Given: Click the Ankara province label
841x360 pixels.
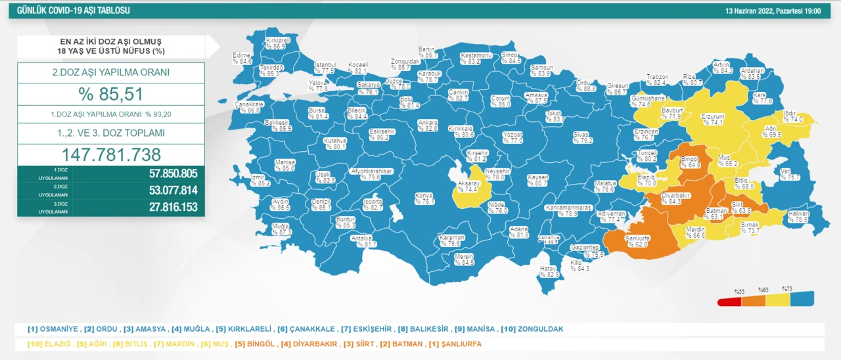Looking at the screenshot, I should click(427, 125).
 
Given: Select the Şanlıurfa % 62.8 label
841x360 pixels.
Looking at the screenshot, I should click(637, 241).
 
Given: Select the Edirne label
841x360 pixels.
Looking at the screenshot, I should click(242, 58).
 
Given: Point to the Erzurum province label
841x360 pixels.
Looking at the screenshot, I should click(712, 119).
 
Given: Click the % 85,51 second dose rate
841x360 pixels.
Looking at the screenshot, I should click(110, 94).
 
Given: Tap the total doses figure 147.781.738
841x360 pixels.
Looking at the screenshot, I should click(110, 154).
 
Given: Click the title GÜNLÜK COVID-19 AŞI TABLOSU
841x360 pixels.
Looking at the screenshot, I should click(73, 11).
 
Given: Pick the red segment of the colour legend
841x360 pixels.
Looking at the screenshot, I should click(729, 301).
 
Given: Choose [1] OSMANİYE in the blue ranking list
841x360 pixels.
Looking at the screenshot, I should click(53, 328).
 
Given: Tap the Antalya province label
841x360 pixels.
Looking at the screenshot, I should click(363, 240).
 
